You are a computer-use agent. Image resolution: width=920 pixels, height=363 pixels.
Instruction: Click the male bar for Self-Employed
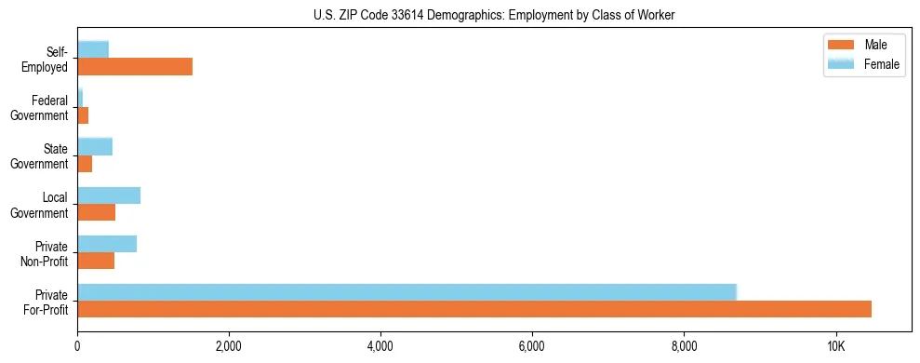click(135, 66)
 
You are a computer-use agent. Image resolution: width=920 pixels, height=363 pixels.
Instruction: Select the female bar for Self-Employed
click(93, 49)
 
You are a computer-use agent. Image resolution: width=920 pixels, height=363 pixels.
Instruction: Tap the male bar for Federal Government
click(83, 115)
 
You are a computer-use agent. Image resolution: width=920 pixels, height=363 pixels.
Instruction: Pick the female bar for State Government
click(95, 146)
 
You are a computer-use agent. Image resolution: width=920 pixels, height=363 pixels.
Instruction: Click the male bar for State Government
click(85, 164)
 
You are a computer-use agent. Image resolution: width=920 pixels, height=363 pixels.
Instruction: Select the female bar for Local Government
click(109, 195)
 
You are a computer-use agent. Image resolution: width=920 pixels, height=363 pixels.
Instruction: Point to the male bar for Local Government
click(97, 212)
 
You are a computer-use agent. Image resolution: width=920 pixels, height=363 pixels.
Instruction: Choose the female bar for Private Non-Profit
click(107, 244)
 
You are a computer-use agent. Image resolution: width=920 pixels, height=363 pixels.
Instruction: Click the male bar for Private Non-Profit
click(96, 262)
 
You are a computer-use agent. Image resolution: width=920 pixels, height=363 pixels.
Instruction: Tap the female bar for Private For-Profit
click(407, 292)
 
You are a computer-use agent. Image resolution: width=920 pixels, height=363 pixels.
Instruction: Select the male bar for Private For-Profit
click(474, 309)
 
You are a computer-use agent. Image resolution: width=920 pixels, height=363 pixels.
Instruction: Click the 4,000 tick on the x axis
click(380, 346)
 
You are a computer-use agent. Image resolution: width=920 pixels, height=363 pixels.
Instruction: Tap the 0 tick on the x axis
click(77, 346)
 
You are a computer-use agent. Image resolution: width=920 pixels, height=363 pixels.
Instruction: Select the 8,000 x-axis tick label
click(684, 346)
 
